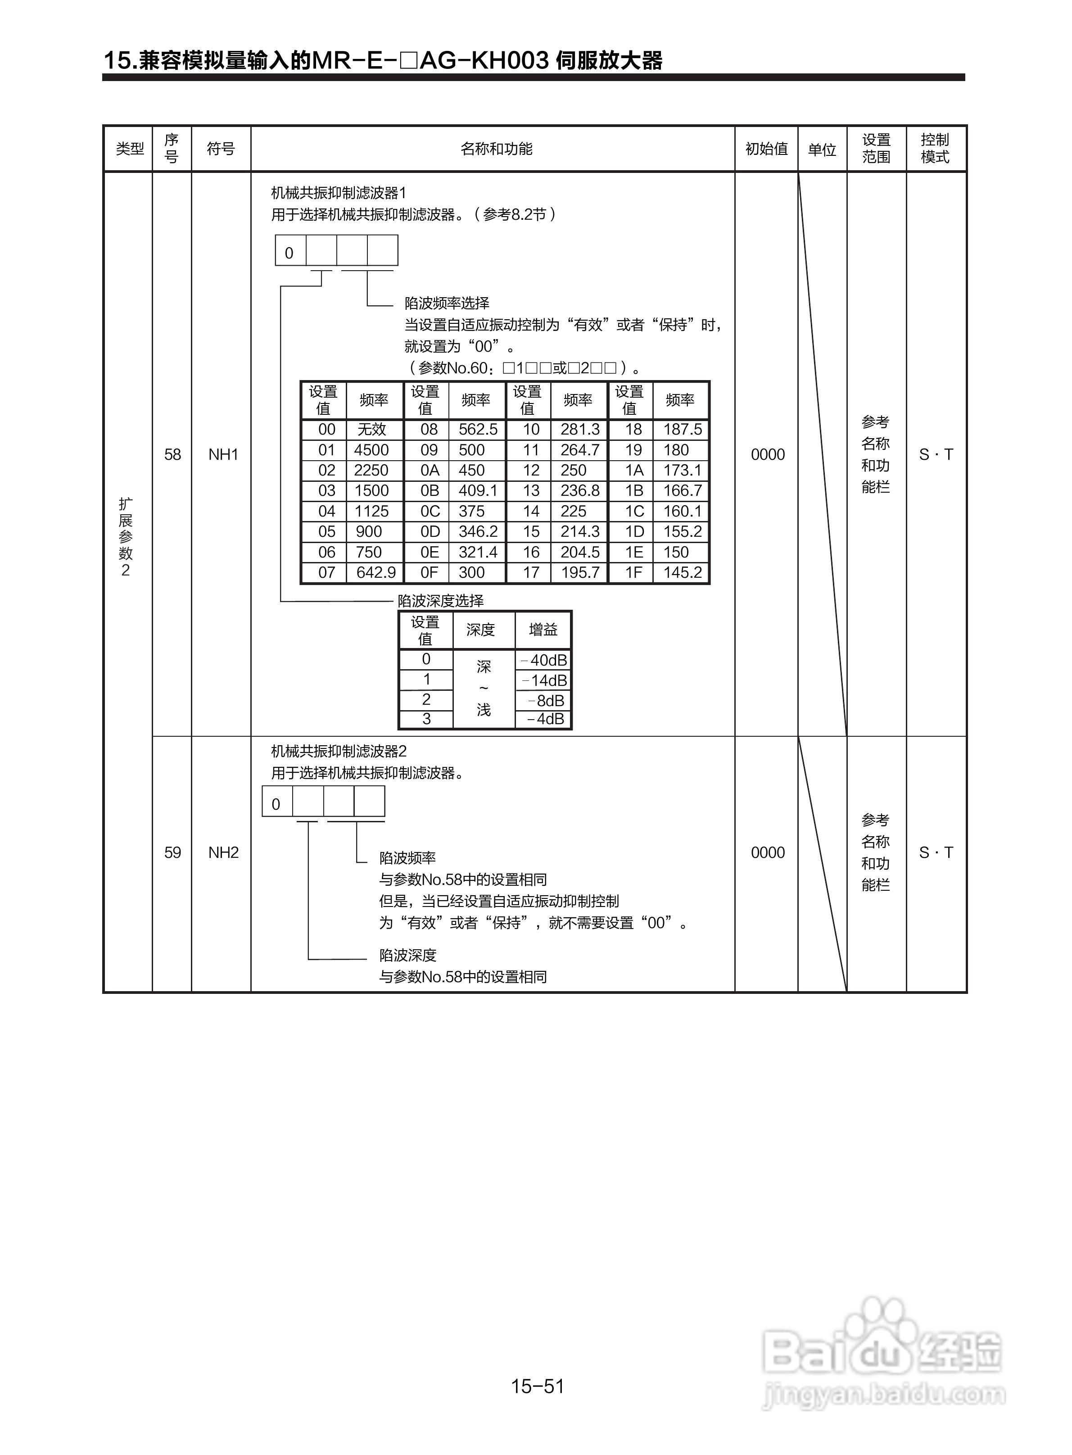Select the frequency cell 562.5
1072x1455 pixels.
[478, 430]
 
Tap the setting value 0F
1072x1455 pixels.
[430, 572]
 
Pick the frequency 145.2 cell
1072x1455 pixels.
[682, 572]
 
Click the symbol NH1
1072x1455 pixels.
[223, 454]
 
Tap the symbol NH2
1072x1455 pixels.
[223, 852]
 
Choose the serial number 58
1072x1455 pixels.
[172, 454]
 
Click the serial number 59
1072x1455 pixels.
[172, 852]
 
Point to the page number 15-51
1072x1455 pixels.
[537, 1386]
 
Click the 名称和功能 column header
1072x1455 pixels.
[497, 149]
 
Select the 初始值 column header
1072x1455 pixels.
[766, 149]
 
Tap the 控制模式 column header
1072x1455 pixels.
[935, 149]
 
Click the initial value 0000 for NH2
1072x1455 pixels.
[768, 852]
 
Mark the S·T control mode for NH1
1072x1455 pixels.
[936, 454]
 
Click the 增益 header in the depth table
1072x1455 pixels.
[543, 630]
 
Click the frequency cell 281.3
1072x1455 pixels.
[579, 430]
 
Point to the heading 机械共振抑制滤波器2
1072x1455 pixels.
[339, 751]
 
